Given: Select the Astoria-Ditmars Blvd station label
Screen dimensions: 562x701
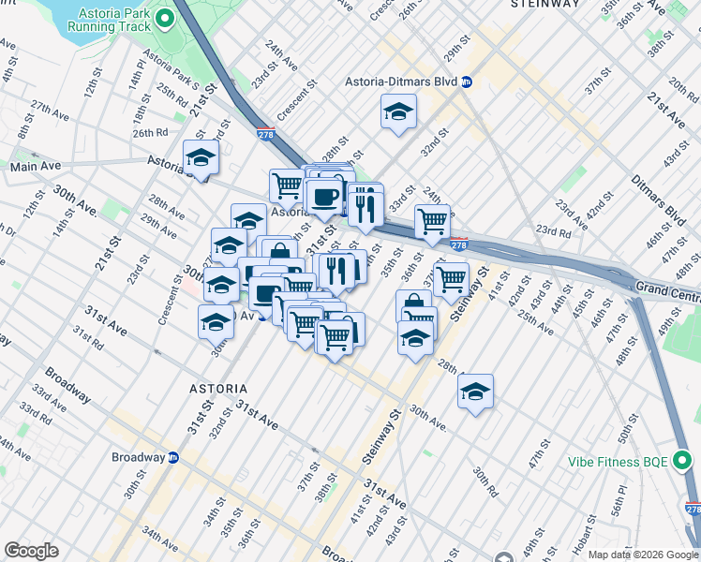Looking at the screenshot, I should coord(405,82).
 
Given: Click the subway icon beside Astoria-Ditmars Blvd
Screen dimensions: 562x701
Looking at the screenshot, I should coord(467,82).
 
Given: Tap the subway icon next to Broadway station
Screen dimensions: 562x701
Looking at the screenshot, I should coord(173,458).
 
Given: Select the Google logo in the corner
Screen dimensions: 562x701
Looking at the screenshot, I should coord(31,551).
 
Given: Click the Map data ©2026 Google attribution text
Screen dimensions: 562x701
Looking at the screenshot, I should coord(642,555).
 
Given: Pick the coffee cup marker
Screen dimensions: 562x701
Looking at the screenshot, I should coord(324,197).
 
